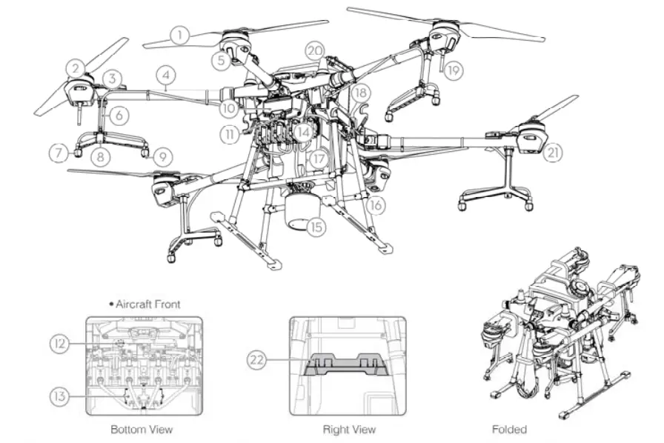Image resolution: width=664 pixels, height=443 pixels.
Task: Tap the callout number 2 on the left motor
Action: (x=75, y=68)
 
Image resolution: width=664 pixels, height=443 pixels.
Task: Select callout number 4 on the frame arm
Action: (x=165, y=75)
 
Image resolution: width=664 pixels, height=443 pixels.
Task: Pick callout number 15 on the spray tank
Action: (x=316, y=227)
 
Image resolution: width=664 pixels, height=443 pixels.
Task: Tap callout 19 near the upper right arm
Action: (x=454, y=71)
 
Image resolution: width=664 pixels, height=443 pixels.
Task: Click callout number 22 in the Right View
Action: (x=256, y=360)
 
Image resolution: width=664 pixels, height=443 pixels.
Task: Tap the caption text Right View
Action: (x=349, y=429)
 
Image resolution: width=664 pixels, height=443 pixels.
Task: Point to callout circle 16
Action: (x=376, y=205)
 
